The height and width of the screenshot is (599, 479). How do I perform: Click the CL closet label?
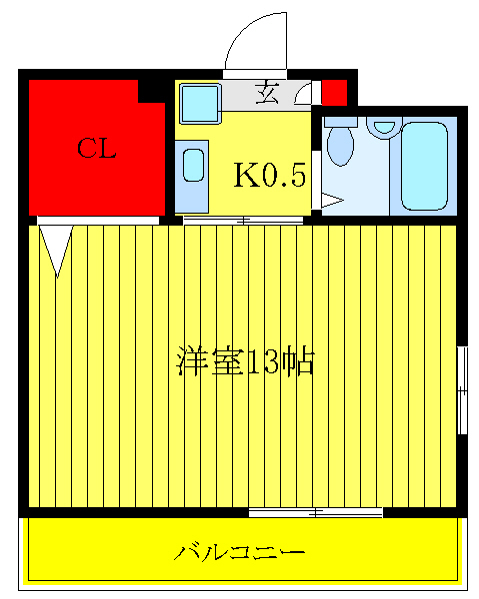tap(97, 150)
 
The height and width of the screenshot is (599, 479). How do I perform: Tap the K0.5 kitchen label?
tap(269, 175)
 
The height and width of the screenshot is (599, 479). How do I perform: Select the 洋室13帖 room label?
tap(246, 361)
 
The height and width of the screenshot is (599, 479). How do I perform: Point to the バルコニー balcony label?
tap(240, 551)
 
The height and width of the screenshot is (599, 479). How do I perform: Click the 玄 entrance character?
tap(268, 94)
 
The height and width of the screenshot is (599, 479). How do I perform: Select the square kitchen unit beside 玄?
tap(200, 102)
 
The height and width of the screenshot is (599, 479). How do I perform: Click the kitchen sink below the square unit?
tap(193, 166)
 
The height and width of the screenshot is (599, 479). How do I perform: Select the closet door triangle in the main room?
tap(57, 250)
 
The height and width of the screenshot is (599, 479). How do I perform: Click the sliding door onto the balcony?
tap(315, 513)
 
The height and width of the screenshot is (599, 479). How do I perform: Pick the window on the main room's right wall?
tap(462, 389)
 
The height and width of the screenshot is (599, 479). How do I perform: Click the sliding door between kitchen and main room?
tap(243, 219)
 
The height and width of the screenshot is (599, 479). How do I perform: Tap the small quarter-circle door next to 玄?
tap(303, 95)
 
